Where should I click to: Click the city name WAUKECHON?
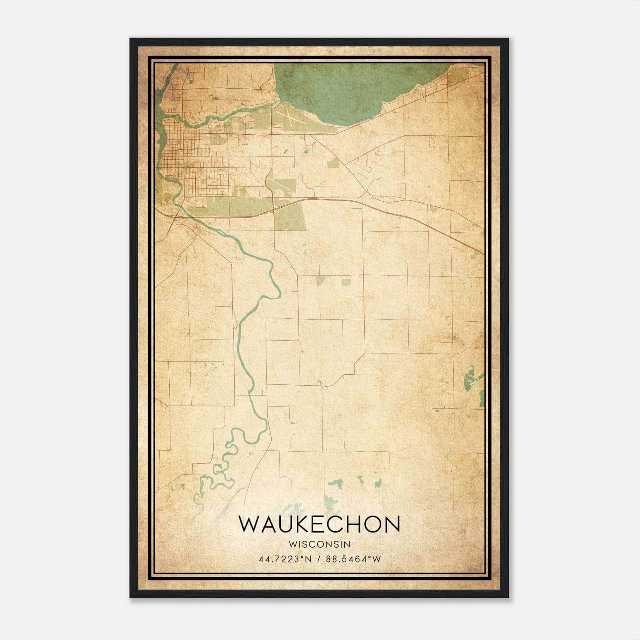pos(319,524)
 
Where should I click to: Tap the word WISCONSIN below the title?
pos(319,544)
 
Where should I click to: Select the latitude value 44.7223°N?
pos(284,559)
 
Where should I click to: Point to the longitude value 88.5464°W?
pos(354,559)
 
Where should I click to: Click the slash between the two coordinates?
pos(319,559)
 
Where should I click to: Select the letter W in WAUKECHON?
pos(249,524)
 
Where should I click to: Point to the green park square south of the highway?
pos(290,216)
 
